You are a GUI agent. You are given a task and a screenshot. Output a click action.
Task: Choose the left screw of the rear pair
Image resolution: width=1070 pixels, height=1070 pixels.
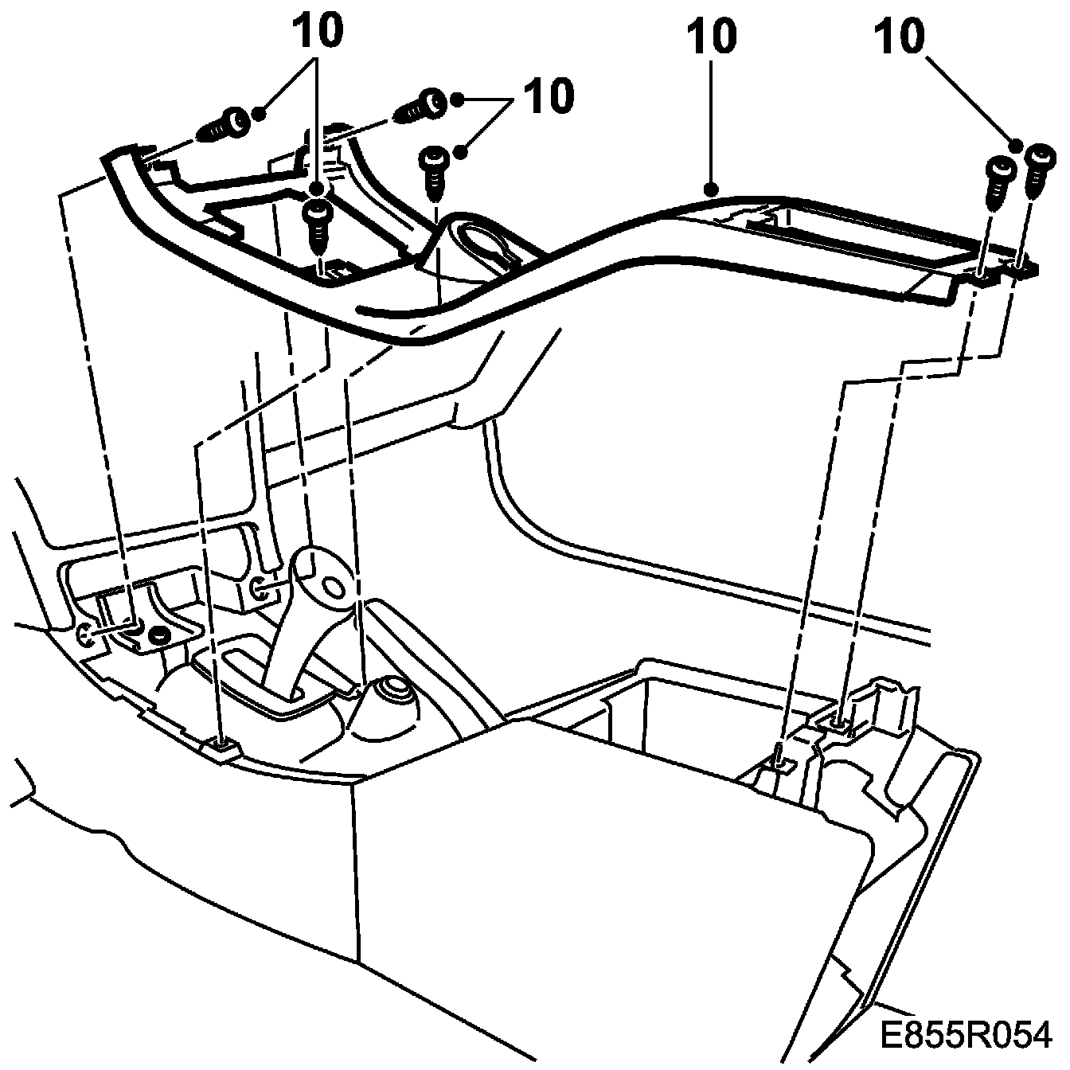point(998,180)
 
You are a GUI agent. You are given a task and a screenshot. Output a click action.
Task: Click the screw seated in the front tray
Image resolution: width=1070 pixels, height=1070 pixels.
point(318,223)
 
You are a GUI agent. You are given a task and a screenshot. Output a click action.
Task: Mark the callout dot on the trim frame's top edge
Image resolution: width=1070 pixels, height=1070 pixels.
point(710,189)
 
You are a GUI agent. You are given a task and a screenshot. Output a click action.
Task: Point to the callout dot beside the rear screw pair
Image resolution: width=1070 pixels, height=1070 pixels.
point(1016,145)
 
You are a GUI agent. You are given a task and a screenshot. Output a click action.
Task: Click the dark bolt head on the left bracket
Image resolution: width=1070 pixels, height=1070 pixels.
point(158,635)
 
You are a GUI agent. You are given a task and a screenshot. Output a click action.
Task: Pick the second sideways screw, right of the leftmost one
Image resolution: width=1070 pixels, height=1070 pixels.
point(423,104)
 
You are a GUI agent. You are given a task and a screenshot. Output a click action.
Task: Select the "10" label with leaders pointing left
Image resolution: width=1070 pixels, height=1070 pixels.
point(547,96)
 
